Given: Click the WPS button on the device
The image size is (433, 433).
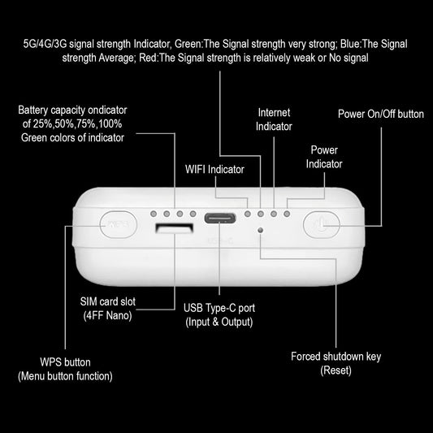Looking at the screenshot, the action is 118,224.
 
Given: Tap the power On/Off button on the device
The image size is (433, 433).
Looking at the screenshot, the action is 322,224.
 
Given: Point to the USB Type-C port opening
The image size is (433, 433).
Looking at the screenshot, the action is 220,219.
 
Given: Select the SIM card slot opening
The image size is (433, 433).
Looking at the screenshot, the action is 174,228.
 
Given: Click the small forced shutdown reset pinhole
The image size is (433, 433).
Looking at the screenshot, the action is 260,230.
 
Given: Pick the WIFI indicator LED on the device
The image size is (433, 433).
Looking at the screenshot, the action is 248,214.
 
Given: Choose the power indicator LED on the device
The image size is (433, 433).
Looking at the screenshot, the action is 287,214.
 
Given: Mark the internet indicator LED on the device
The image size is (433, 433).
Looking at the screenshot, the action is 274,214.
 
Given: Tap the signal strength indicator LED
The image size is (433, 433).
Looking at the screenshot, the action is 261,214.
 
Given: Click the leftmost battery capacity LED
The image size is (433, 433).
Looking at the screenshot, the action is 154,214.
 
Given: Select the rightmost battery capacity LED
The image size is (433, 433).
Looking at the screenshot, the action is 193,214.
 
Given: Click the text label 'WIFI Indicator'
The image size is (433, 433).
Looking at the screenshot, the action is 214,169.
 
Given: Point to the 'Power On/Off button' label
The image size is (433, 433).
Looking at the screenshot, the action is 381,114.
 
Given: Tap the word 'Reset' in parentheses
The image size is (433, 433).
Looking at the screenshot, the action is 336,370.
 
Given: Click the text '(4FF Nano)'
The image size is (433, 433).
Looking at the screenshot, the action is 107,315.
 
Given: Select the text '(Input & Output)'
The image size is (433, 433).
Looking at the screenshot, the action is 219,322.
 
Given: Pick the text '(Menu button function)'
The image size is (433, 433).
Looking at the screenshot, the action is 65,376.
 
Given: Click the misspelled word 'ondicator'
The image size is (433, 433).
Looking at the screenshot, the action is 108,110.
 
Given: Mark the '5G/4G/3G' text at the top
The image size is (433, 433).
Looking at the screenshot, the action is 45,44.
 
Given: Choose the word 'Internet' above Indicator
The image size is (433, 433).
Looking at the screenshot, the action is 274,112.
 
